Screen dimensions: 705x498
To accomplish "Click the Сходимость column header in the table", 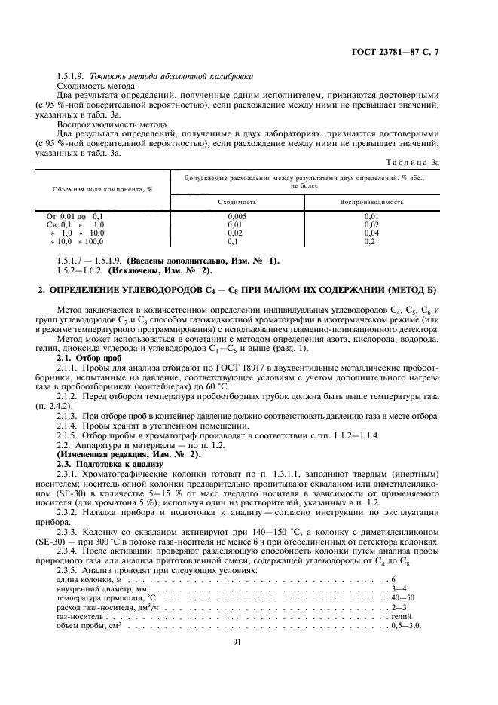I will (237, 202).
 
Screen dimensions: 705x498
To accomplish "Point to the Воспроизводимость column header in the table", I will (371, 202).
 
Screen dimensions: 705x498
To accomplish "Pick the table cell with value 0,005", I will (237, 216).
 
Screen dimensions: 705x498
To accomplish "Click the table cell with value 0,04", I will (371, 233).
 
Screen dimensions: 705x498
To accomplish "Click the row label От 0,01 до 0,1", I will (75, 216).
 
